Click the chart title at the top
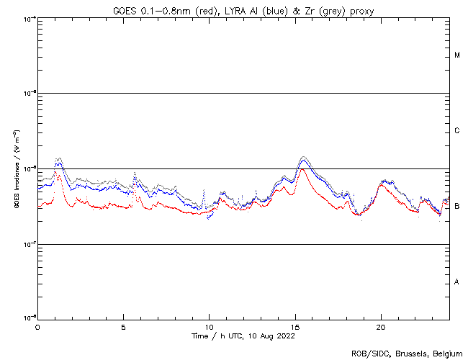243,10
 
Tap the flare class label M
457,55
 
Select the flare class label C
457,131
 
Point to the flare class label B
457,207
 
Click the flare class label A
457,282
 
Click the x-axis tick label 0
37,327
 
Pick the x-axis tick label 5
123,327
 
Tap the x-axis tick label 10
209,327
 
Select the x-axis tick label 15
295,327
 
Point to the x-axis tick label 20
381,327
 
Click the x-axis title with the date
243,336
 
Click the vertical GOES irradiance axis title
16,168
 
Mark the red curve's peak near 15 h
303,170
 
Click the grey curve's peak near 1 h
58,158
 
